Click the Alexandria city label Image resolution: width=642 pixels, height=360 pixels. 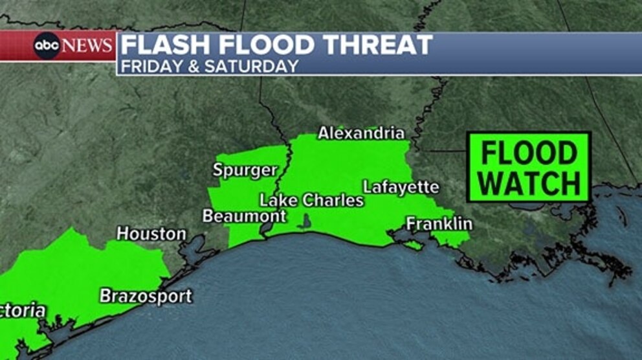[360, 134]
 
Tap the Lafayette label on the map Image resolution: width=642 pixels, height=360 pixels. [401, 187]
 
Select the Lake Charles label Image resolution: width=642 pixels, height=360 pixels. [312, 201]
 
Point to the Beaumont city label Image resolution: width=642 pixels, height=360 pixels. [244, 216]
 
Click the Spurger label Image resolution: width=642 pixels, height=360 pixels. [245, 170]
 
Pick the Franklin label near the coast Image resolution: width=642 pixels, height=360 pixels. [439, 225]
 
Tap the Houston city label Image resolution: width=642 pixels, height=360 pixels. [151, 234]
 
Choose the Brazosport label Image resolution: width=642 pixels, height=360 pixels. [146, 297]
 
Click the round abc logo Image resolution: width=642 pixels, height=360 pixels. [47, 46]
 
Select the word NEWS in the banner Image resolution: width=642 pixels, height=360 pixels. [88, 46]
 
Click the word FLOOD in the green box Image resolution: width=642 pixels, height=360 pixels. [529, 153]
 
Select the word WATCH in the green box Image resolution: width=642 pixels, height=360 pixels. [529, 183]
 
